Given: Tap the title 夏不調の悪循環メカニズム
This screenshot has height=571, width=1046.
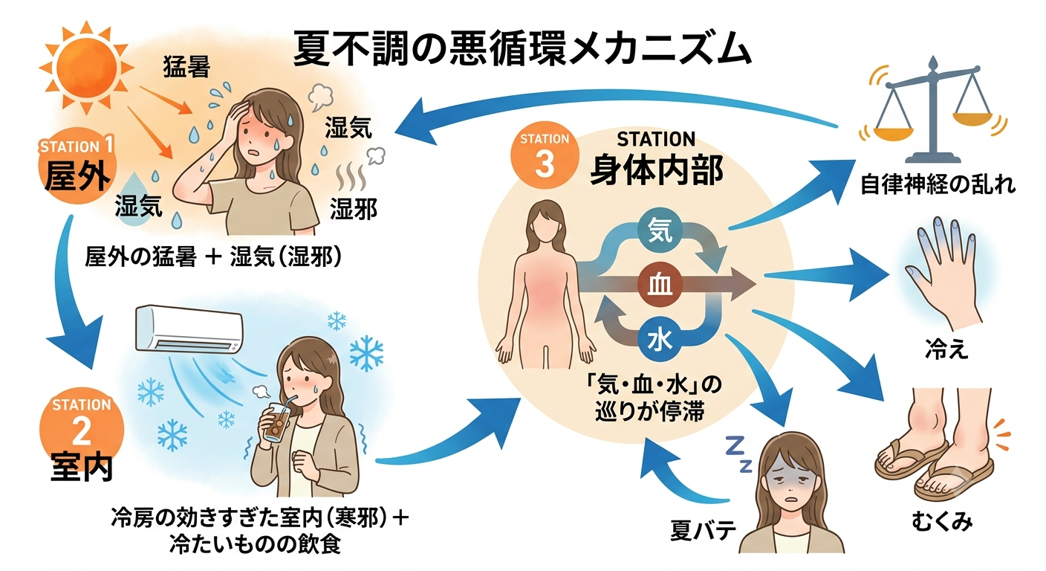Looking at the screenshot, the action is tap(522, 49).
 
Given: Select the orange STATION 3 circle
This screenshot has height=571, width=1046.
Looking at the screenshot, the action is tap(545, 155).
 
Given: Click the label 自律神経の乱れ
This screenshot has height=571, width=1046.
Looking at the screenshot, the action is tap(938, 184).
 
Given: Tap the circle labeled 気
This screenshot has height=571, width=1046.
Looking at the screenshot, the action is tap(660, 230).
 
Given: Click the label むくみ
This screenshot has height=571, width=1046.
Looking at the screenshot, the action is tap(942, 521).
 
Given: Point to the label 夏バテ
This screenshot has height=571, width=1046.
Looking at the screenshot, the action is tap(704, 530).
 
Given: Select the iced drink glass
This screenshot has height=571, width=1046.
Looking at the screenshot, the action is tap(277, 422).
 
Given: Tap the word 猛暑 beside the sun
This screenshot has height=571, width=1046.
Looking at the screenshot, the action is tap(186, 66).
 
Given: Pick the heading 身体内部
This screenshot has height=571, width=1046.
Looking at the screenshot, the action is tap(657, 170).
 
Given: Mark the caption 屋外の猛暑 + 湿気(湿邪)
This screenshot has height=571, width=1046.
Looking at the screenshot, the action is tap(213, 257).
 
